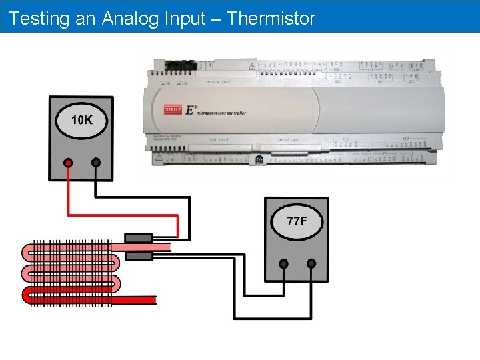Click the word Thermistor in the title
tap(271, 18)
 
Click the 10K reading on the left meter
tap(81, 121)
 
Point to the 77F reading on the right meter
tap(297, 221)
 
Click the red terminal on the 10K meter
tap(68, 162)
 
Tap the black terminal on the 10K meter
tap(96, 162)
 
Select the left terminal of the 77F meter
tap(283, 263)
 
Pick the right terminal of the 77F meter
tap(311, 263)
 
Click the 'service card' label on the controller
tap(218, 81)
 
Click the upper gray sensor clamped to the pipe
tap(139, 238)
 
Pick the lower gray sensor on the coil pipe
tap(139, 255)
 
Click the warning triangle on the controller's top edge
tap(253, 67)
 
